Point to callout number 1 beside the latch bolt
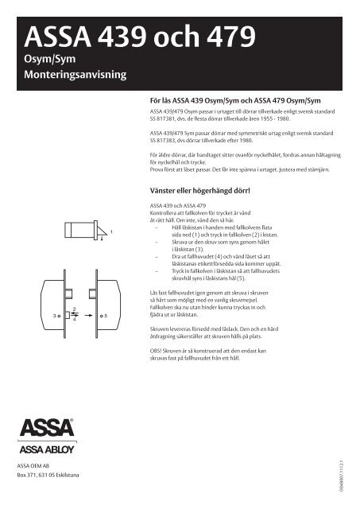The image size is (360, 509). tap(112, 231)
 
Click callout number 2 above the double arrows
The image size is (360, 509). tap(74, 308)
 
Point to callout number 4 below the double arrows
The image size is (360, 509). tap(74, 321)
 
